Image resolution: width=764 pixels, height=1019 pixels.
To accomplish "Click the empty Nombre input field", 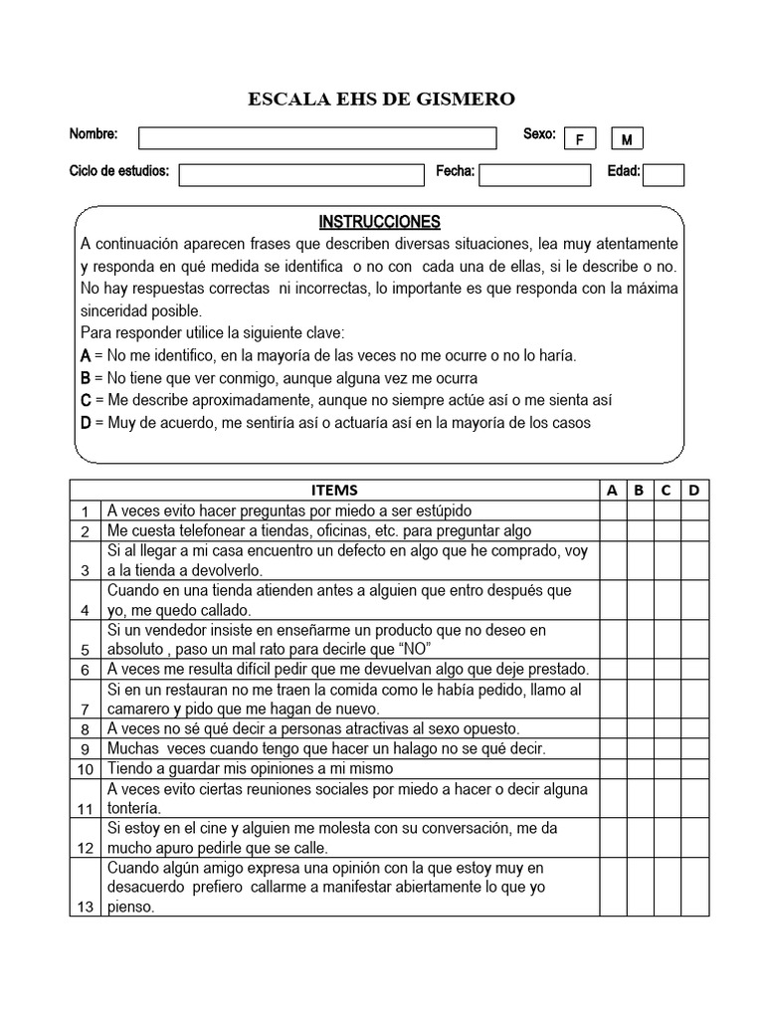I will click(317, 137).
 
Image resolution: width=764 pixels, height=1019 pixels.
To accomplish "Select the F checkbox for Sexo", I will click(579, 139).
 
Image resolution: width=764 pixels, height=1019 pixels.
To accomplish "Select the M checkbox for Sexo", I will click(627, 139).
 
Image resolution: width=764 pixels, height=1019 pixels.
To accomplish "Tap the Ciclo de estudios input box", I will click(300, 174).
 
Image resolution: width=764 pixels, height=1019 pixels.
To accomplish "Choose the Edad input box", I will click(664, 175).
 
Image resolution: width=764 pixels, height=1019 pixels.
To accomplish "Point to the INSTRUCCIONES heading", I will click(379, 222).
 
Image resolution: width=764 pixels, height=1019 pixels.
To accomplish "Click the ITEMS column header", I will click(334, 490).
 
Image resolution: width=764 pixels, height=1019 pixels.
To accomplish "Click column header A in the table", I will click(612, 490).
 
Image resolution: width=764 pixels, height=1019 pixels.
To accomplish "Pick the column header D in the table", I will click(694, 490).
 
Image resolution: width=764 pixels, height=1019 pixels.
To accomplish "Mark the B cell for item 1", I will click(640, 509).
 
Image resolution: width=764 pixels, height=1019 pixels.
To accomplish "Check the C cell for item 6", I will click(667, 669).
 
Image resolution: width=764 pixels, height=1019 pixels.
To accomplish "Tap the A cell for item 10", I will click(612, 768).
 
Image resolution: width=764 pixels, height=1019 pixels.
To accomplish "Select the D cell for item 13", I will click(694, 888).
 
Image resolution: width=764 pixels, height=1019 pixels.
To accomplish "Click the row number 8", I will click(86, 729).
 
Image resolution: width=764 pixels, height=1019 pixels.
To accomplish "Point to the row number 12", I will click(86, 848).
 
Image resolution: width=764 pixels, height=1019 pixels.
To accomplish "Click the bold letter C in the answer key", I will click(86, 400).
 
